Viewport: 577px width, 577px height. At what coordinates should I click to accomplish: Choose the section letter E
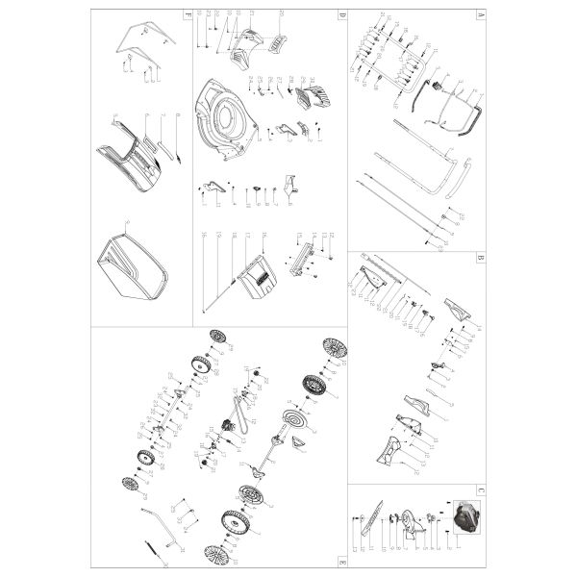click(x=341, y=561)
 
